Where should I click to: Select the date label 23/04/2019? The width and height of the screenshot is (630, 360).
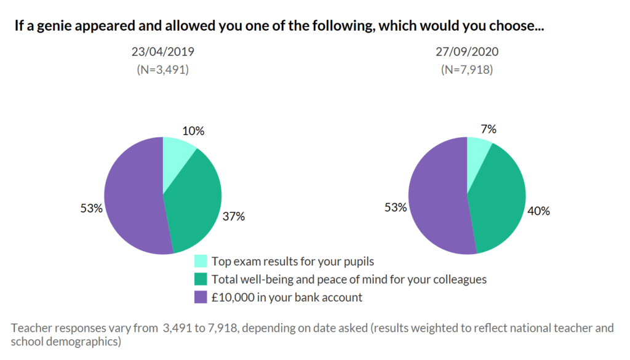tap(162, 52)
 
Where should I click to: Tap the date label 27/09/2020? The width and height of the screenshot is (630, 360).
tap(467, 52)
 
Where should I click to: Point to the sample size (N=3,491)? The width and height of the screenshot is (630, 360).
tap(162, 70)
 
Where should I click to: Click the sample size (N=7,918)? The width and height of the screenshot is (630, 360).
tap(467, 70)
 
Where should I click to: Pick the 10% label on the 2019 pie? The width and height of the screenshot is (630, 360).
tap(193, 130)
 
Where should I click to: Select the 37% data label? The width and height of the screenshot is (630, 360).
tap(233, 216)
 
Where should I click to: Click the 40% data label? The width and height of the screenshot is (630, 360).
tap(538, 211)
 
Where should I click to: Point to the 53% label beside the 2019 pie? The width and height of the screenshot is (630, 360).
tap(91, 208)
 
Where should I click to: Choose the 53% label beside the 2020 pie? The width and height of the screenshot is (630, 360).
tap(396, 207)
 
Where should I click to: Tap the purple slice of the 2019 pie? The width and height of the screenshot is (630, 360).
tap(132, 197)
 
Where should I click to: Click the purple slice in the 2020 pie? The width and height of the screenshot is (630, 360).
tap(437, 197)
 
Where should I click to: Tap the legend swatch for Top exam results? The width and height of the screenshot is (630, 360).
tap(200, 261)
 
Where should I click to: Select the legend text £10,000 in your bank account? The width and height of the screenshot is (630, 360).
tap(287, 297)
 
